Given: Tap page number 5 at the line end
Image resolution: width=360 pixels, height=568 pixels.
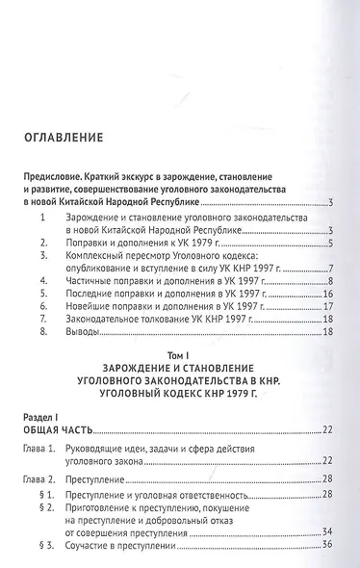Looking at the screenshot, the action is pyautogui.click(x=329, y=245).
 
